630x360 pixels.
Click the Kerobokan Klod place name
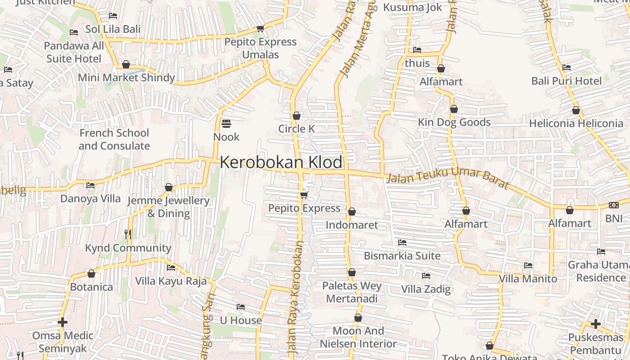pyautogui.click(x=281, y=162)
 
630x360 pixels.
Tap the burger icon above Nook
pyautogui.click(x=226, y=123)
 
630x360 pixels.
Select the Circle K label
pyautogui.click(x=296, y=129)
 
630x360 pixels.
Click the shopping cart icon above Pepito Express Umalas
pyautogui.click(x=260, y=29)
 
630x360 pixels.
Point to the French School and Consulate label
pyautogui.click(x=114, y=139)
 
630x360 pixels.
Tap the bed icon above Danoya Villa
pyautogui.click(x=90, y=185)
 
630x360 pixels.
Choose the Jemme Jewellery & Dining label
pyautogui.click(x=169, y=207)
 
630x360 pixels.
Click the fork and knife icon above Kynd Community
pyautogui.click(x=128, y=234)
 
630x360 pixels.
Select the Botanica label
pyautogui.click(x=91, y=287)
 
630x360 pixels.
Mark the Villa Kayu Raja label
pyautogui.click(x=171, y=281)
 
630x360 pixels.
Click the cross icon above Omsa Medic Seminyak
pyautogui.click(x=63, y=322)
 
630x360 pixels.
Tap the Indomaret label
pyautogui.click(x=352, y=225)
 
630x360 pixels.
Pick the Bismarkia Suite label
pyautogui.click(x=402, y=256)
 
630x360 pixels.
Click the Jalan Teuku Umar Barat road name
pyautogui.click(x=448, y=178)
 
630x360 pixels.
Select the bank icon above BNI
pyautogui.click(x=613, y=205)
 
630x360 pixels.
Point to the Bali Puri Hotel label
pyautogui.click(x=566, y=81)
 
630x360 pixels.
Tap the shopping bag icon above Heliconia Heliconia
pyautogui.click(x=576, y=110)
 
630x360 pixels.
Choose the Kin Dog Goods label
pyautogui.click(x=454, y=122)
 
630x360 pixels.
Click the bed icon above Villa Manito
pyautogui.click(x=528, y=265)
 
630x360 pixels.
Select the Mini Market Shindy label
pyautogui.click(x=126, y=78)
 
